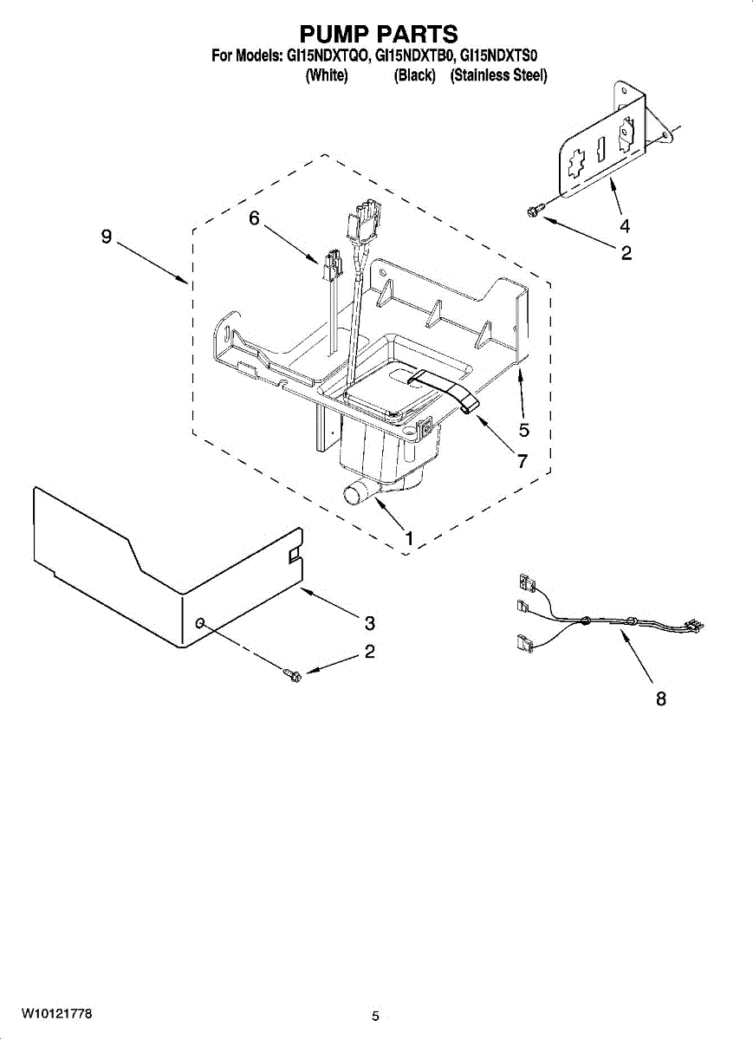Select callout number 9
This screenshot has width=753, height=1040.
tap(107, 237)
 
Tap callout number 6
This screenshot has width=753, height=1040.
tap(254, 218)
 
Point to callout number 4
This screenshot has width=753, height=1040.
tap(624, 226)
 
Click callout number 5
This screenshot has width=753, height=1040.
tap(523, 429)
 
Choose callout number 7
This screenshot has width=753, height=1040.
tap(523, 461)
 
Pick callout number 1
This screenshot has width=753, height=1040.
tap(408, 539)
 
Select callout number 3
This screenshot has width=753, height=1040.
tap(369, 622)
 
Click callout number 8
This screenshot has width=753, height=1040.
tap(660, 699)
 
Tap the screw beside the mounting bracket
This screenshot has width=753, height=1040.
tap(534, 208)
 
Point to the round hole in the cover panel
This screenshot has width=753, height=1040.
tap(201, 623)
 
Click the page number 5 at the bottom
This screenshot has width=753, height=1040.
tap(375, 1016)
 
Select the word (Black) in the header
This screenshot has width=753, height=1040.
tap(414, 76)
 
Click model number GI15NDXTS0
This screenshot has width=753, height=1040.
tap(500, 56)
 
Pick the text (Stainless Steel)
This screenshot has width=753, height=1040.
tap(498, 76)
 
